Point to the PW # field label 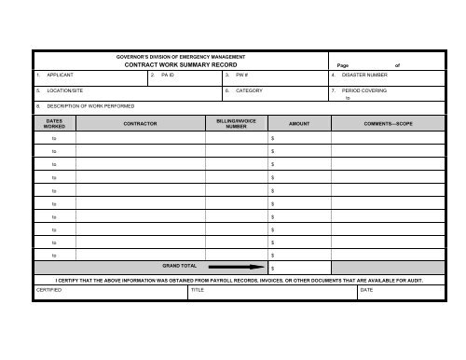[x=240, y=74]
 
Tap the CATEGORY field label [x=249, y=90]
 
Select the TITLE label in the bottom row [x=197, y=290]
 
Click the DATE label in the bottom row [x=366, y=290]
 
